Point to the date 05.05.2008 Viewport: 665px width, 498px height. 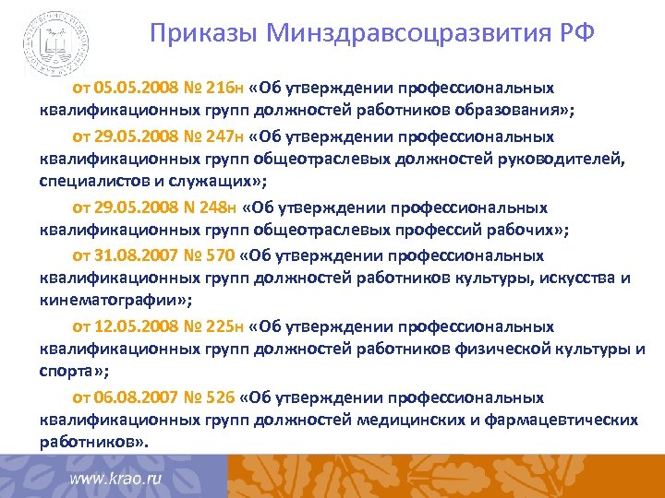pyautogui.click(x=130, y=88)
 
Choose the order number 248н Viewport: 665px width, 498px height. pyautogui.click(x=218, y=207)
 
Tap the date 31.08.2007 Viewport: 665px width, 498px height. pyautogui.click(x=130, y=255)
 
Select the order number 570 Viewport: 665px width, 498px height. pyautogui.click(x=219, y=255)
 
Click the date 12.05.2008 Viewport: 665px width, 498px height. pyautogui.click(x=130, y=326)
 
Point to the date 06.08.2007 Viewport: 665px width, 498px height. pyautogui.click(x=130, y=397)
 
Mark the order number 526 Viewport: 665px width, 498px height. pyautogui.click(x=219, y=397)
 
